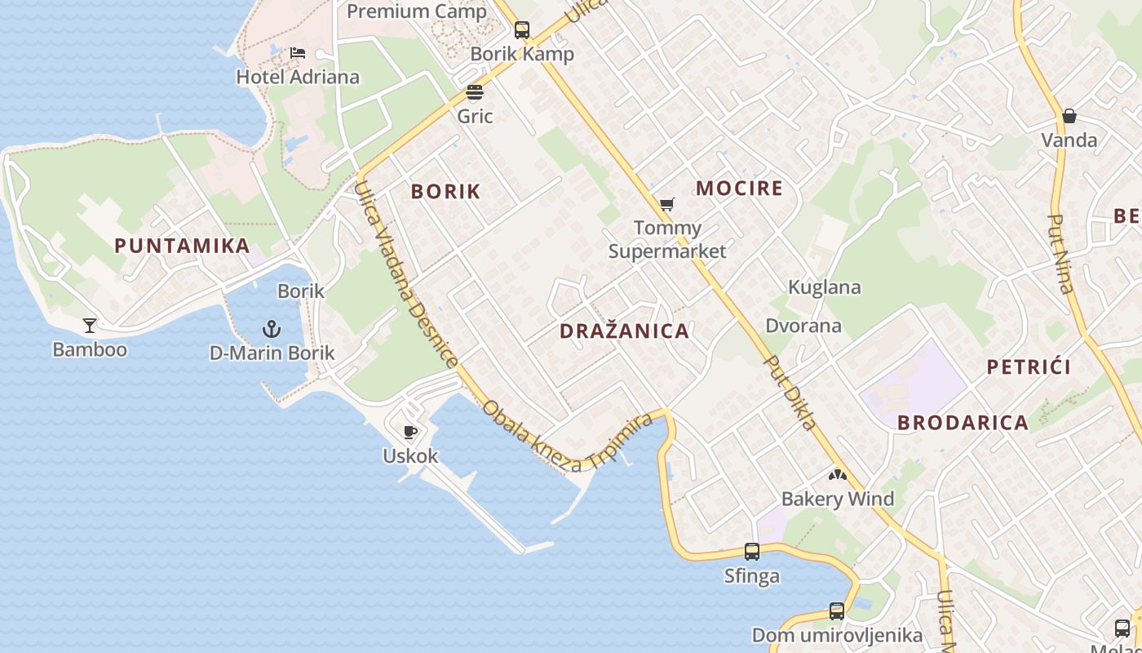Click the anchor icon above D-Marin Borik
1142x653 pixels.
272,329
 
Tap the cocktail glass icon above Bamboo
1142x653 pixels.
90,326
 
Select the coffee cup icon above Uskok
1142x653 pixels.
410,432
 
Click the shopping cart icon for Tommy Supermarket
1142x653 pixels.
667,204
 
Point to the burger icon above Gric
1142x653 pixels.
475,92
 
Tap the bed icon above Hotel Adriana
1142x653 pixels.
298,53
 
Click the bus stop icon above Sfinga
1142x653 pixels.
752,552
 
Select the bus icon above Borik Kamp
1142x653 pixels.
521,30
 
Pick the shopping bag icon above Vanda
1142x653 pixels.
1069,116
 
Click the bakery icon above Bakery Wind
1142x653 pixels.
837,474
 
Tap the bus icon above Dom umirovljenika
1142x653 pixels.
837,611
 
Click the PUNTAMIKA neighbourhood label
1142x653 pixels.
182,246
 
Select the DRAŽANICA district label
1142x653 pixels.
625,331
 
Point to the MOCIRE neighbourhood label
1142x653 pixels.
739,189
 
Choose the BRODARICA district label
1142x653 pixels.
963,423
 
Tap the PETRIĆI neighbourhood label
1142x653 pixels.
1029,366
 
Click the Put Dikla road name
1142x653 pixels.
790,392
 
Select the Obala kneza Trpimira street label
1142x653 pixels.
567,437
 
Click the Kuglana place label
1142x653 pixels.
824,287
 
